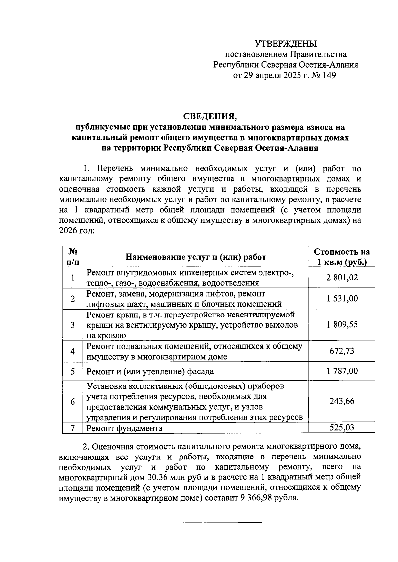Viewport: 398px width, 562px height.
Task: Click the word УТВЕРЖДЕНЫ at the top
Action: click(286, 43)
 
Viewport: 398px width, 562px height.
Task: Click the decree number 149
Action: click(328, 76)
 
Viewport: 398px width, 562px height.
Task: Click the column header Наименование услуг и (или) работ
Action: click(196, 257)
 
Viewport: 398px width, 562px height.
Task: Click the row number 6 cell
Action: click(73, 401)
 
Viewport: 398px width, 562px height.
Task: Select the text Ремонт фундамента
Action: click(124, 428)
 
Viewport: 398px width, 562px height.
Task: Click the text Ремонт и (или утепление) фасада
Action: click(150, 371)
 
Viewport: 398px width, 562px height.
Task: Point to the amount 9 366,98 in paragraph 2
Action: click(254, 498)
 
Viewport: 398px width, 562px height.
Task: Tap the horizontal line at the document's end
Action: click(221, 523)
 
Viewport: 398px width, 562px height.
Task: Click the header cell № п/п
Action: click(73, 257)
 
